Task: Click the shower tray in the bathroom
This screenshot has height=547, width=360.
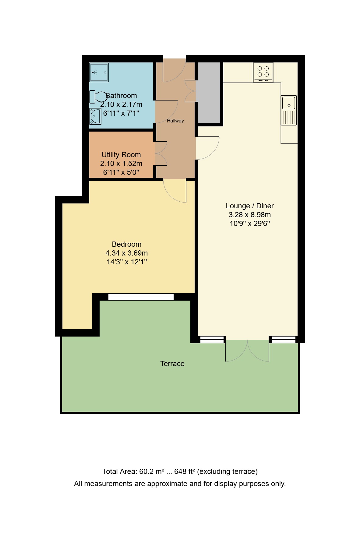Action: click(x=99, y=72)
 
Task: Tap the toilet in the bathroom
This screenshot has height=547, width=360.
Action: click(x=98, y=97)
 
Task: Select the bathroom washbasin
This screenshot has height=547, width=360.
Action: click(x=95, y=116)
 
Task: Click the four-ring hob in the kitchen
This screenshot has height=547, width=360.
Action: click(x=263, y=72)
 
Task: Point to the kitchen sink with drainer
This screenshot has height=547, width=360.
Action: click(x=289, y=110)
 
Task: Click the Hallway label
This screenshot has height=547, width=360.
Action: click(x=175, y=121)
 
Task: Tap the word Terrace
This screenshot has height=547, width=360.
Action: click(x=172, y=364)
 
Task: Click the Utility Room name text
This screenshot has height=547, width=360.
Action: click(x=121, y=155)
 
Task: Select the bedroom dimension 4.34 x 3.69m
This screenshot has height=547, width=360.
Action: click(x=126, y=253)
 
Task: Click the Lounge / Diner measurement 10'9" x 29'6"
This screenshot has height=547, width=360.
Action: click(x=250, y=224)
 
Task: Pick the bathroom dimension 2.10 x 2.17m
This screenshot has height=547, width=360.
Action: click(x=121, y=104)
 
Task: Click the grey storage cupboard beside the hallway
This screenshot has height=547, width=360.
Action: click(x=209, y=93)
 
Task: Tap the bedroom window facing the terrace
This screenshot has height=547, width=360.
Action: click(x=141, y=297)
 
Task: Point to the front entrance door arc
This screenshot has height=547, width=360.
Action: click(x=175, y=71)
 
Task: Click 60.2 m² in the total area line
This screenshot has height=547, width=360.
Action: click(x=152, y=471)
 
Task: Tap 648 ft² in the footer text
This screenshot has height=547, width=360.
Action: click(x=185, y=471)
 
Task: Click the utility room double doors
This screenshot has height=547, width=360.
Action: click(x=161, y=154)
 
